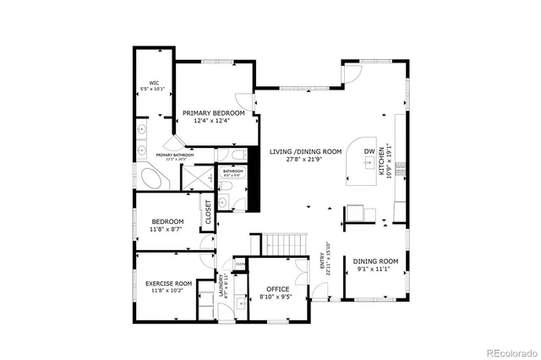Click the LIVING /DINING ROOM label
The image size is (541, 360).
pos(305,151)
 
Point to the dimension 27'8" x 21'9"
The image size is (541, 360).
pos(305,160)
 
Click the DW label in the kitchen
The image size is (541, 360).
pos(369,152)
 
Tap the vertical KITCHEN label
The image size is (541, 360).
pos(381,160)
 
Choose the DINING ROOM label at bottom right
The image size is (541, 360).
pos(375,261)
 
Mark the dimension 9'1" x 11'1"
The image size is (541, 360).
pos(375,270)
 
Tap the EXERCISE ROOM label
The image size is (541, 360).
pos(168,283)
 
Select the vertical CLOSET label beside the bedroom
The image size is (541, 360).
pos(208,214)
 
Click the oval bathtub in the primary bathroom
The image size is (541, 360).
pos(154,179)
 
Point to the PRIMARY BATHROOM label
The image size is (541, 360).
pos(174,155)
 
